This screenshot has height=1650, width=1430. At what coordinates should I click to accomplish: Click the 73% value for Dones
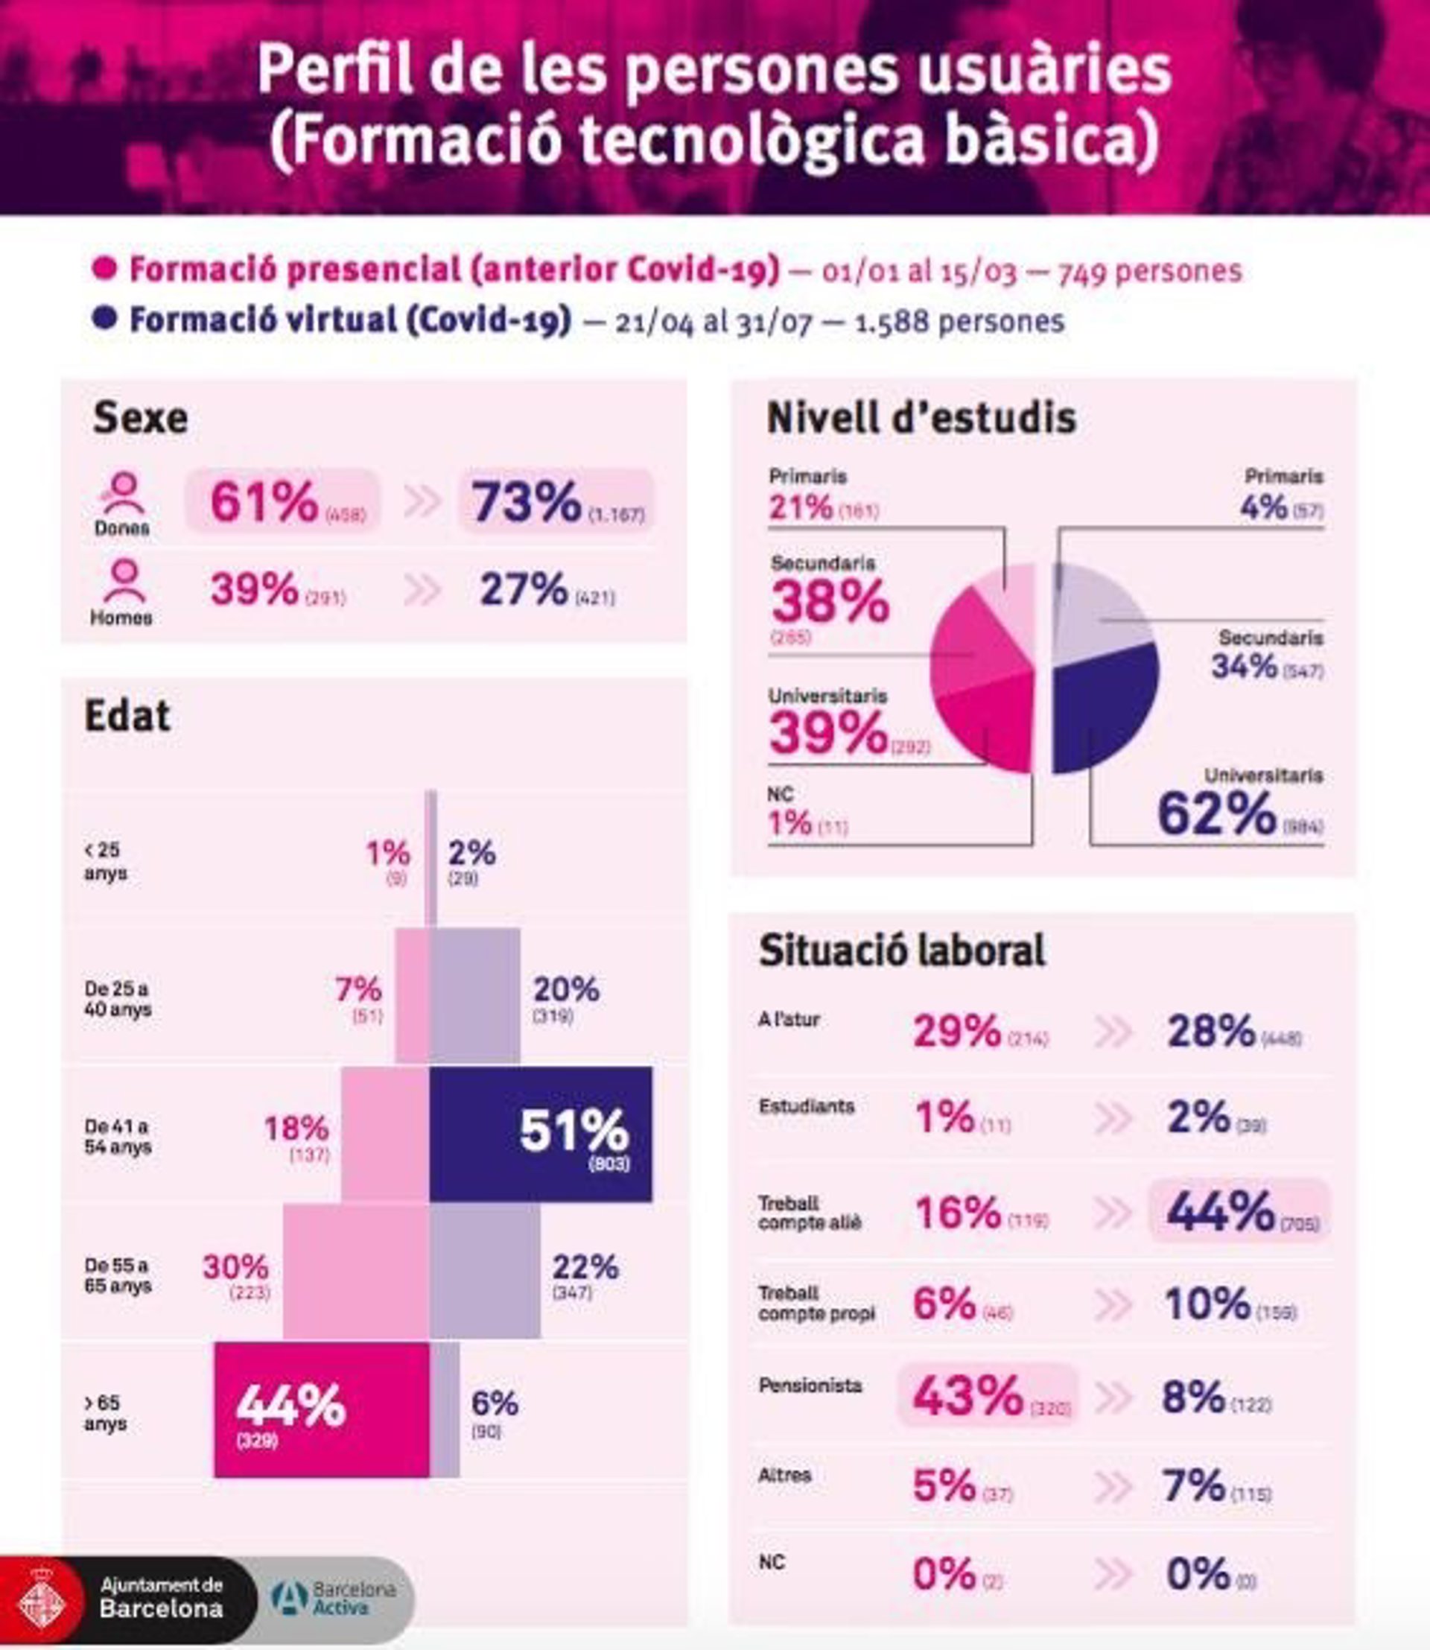coord(527,502)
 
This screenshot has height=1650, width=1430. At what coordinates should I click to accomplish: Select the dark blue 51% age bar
coord(540,1135)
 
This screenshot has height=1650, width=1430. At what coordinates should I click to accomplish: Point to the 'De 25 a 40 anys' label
coord(118,999)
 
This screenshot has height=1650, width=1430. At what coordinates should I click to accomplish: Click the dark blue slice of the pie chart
coord(1105,706)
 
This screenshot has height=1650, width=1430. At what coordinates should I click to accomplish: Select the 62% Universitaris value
coord(1217,814)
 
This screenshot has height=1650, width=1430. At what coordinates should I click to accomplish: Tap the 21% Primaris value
coord(801,507)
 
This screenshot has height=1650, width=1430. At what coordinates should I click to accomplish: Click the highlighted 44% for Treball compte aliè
coord(1221,1211)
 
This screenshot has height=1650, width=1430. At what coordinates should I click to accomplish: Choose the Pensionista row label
coord(810,1385)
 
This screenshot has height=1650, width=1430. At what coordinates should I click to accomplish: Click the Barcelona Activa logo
coord(334,1598)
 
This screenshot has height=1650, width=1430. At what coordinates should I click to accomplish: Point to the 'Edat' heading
coord(127,716)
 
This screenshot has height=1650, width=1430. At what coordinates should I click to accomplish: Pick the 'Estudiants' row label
coord(806,1106)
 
